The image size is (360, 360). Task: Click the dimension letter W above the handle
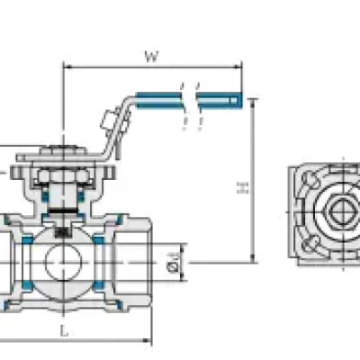coord(151,57)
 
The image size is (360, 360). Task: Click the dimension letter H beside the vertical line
coord(243,187)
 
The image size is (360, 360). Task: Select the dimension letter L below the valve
coord(64,331)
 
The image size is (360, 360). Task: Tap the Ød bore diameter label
coord(174,263)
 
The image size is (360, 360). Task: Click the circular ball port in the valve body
coord(63,263)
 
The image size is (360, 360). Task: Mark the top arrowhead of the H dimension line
coord(253,103)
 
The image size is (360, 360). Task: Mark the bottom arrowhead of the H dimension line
coord(253,258)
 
